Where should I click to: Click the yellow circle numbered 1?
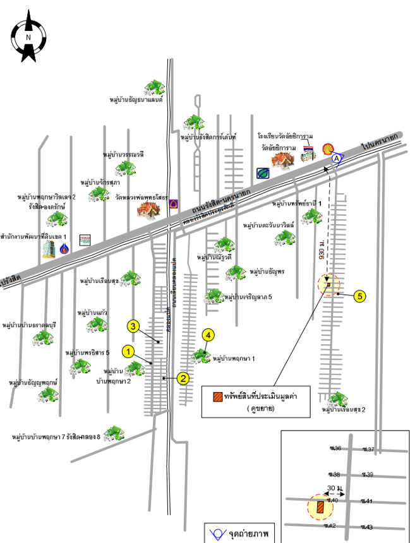[128, 350]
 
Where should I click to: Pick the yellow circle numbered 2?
[183, 378]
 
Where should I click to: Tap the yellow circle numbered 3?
[133, 326]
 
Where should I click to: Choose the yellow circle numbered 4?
[208, 335]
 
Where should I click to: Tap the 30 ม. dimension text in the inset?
[335, 489]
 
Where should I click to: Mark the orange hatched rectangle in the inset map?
[321, 506]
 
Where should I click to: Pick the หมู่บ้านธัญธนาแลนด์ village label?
[136, 100]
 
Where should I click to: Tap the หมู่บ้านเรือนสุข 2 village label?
[344, 410]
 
